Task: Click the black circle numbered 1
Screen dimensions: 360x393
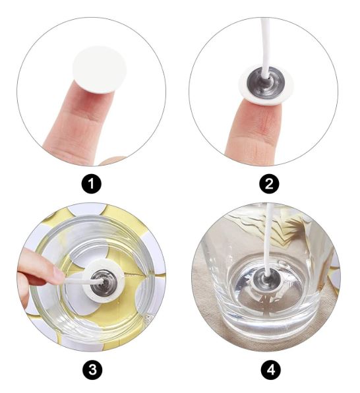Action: [92, 184]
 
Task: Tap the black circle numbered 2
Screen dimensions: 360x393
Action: [269, 184]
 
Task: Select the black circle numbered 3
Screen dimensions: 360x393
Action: [92, 369]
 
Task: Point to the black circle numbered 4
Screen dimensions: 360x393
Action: [271, 369]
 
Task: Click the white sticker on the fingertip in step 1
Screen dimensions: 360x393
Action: [100, 70]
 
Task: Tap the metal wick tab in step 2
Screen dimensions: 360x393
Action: [266, 82]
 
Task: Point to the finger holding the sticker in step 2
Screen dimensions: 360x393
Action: [253, 133]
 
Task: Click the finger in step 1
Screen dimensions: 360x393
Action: [78, 120]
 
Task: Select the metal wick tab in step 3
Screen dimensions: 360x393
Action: [104, 282]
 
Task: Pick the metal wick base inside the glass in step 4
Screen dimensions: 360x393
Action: [266, 279]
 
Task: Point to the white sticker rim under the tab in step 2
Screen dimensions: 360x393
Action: [266, 100]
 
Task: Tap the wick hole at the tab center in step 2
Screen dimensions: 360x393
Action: [267, 80]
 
